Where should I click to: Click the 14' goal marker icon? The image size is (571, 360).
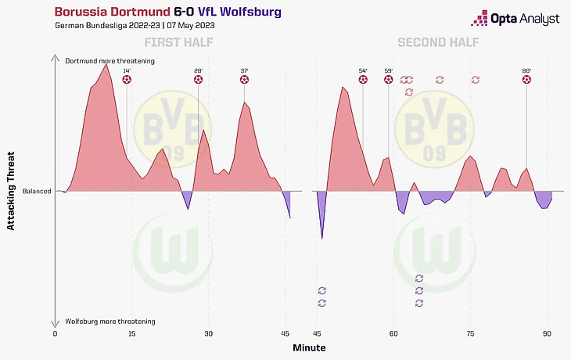[x=127, y=79]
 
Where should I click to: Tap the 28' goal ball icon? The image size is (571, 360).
[x=199, y=79]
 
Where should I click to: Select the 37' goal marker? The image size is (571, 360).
[x=245, y=79]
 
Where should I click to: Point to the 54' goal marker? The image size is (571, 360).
[x=363, y=79]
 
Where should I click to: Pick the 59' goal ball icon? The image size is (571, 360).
[x=389, y=79]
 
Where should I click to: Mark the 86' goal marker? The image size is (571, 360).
[x=526, y=79]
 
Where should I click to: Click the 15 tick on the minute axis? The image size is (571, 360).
[x=131, y=334]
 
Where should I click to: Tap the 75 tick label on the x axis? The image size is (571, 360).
[x=470, y=334]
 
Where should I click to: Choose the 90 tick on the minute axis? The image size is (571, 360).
[x=547, y=334]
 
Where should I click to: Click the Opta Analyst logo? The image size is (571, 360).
[x=515, y=19]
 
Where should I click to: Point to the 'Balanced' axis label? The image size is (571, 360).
[x=37, y=191]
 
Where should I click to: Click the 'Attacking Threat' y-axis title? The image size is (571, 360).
[x=11, y=191]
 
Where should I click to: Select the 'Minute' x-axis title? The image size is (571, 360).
[x=309, y=347]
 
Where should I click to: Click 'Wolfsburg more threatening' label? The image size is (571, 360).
[x=110, y=322]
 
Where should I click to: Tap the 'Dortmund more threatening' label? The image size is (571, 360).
[x=110, y=60]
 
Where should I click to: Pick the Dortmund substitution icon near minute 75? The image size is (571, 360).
[x=476, y=79]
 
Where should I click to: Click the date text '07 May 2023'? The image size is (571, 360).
[x=190, y=26]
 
